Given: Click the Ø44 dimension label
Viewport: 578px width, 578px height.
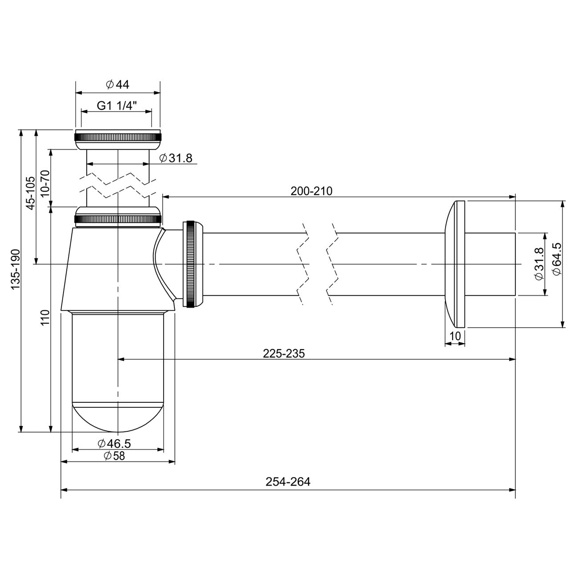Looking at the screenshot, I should point(118,84).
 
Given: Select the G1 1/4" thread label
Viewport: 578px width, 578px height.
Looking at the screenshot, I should point(117,106).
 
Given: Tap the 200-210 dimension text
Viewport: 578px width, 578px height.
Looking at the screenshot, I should point(311,191).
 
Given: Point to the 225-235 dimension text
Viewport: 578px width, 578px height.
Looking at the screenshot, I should point(284,353).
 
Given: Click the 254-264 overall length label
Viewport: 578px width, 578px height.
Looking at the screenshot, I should point(288,482).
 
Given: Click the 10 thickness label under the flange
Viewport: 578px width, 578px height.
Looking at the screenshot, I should point(455,337).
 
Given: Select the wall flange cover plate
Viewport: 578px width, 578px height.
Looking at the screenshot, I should point(454,264).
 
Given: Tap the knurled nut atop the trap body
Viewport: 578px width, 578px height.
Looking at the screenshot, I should point(118,218).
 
